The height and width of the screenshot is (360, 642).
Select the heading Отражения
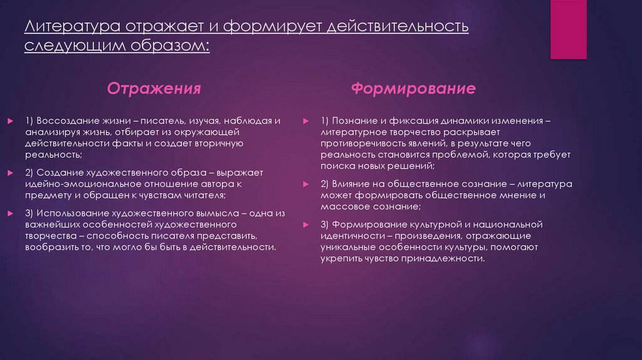click(x=154, y=88)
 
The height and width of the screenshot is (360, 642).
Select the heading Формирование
click(x=413, y=88)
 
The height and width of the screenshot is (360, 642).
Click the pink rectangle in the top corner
click(x=568, y=29)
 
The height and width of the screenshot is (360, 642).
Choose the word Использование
click(x=73, y=213)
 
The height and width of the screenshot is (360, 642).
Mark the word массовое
click(x=347, y=206)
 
